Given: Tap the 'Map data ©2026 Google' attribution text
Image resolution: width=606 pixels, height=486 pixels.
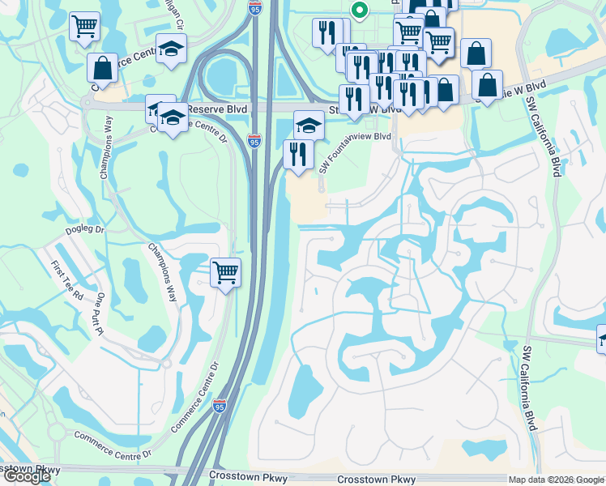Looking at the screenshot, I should point(556,479).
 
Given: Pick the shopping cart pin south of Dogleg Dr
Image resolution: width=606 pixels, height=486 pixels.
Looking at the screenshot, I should point(225,272).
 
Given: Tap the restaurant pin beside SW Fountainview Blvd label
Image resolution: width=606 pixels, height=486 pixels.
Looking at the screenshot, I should point(298,154).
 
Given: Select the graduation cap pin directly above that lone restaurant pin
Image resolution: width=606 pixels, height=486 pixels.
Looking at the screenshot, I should point(309,126).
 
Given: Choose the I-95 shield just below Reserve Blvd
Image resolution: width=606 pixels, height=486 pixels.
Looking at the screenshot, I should point(255,141).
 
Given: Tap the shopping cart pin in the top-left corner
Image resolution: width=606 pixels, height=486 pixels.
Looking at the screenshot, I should point(84,27).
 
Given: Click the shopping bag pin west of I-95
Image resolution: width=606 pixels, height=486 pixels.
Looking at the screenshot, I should point(103,68).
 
